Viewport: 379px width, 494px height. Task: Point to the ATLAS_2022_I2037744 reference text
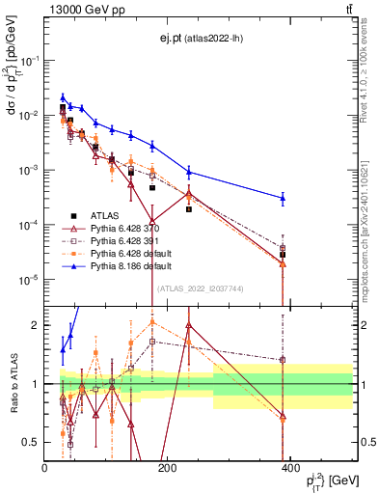tap(200, 288)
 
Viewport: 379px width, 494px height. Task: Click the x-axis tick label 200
tap(168, 468)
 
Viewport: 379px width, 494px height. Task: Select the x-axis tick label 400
tap(290, 468)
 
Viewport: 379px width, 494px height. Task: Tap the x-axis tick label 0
tap(45, 468)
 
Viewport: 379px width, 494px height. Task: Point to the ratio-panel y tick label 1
tap(36, 384)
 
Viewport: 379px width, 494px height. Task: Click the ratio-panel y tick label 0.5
tap(31, 443)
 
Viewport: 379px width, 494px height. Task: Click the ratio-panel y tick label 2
tap(36, 325)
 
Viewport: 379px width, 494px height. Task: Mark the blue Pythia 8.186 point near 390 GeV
tap(283, 198)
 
